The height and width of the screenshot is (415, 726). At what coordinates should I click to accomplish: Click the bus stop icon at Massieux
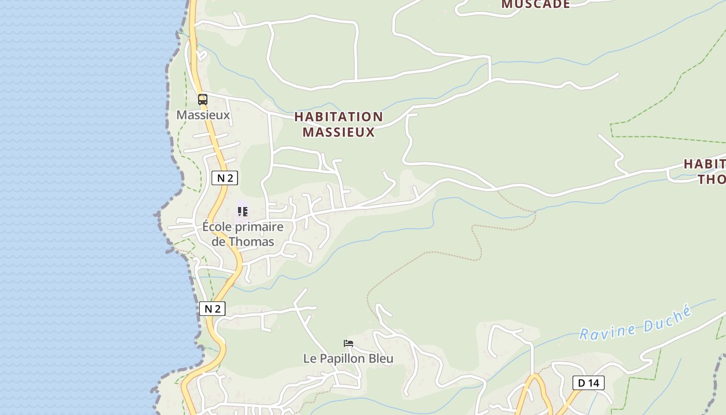coord(202,99)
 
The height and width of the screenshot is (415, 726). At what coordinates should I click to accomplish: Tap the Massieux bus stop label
coord(203,115)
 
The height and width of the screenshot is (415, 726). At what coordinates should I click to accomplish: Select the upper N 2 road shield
coord(225,178)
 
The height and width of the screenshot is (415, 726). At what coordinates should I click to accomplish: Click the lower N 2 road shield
coord(212,309)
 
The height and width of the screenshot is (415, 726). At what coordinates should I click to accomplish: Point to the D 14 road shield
coord(588,383)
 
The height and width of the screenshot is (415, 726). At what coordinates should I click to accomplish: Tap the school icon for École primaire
coord(242,211)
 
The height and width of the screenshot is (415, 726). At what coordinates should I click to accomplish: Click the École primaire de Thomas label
coord(243,234)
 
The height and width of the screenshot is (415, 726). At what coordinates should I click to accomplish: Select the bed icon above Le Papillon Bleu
coord(348,343)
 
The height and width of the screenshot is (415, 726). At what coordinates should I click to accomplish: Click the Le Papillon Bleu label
coord(348,358)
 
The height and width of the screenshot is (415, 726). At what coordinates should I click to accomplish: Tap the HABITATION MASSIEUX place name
coord(338,125)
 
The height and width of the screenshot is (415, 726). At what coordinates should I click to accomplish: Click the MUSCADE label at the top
coord(536,5)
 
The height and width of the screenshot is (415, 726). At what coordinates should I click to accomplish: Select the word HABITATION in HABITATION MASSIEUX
coord(338,117)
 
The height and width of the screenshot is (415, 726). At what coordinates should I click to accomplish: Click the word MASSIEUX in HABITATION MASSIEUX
coord(338,132)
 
